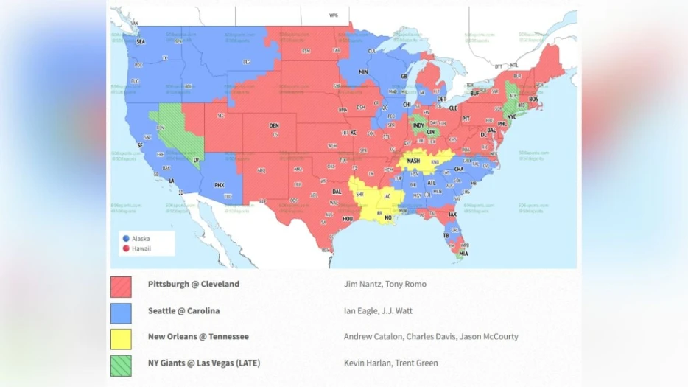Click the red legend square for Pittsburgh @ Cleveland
[121, 287]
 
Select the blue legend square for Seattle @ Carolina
[121, 313]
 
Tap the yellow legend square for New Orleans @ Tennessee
[121, 339]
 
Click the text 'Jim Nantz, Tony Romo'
[385, 285]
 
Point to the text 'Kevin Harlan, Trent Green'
[390, 363]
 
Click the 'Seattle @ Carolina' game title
[183, 310]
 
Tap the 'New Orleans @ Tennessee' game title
[197, 337]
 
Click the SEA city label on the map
[140, 42]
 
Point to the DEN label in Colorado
[274, 125]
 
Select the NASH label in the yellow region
[414, 161]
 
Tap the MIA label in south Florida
[463, 254]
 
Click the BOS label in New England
[533, 99]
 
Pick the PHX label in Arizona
[219, 185]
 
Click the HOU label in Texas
[348, 219]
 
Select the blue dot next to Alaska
[125, 239]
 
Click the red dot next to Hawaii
[125, 248]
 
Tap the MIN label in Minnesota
[363, 72]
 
